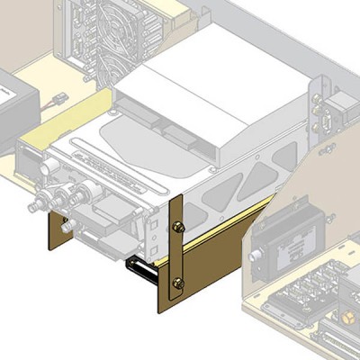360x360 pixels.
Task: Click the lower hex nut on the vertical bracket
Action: [178, 283]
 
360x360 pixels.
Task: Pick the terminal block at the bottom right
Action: [310, 301]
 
